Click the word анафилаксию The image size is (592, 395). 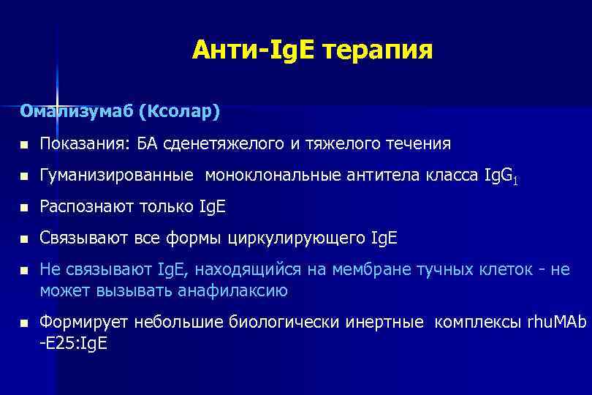(232, 290)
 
